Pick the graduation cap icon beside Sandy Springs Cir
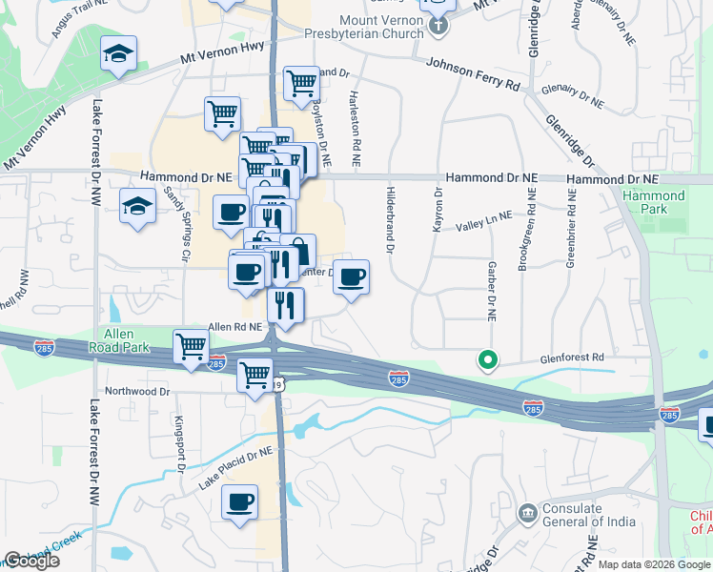[137, 205]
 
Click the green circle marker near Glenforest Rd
[488, 359]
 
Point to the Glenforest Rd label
[572, 357]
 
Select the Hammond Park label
[653, 202]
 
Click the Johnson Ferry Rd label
[473, 73]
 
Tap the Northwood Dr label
[136, 391]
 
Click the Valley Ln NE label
[483, 222]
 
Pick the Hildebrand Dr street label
[391, 219]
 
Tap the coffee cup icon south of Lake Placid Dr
[240, 500]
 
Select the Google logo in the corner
[31, 561]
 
